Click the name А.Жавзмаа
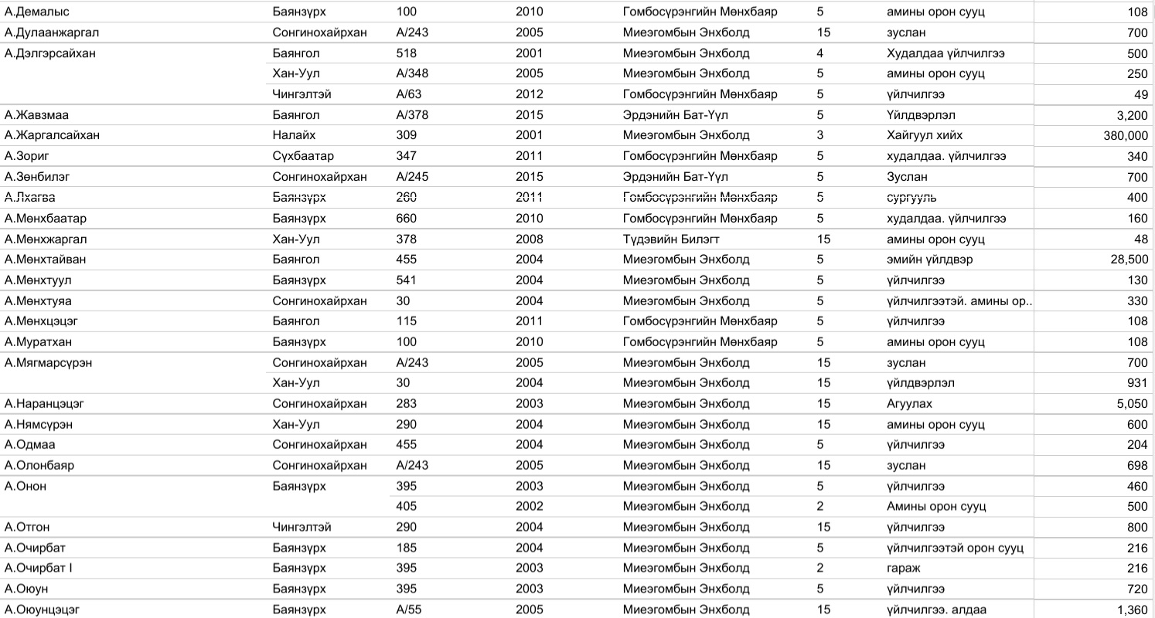tap(36, 115)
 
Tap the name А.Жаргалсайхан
tap(52, 136)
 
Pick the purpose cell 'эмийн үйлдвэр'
tap(929, 260)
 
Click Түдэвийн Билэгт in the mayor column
tap(670, 239)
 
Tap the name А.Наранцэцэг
tap(44, 404)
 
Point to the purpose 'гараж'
tap(902, 569)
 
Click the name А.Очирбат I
tap(39, 569)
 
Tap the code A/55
tap(408, 610)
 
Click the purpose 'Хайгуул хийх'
tap(925, 136)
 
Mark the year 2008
tap(530, 239)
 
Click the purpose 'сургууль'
tap(911, 198)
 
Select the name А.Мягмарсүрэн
tap(48, 362)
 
